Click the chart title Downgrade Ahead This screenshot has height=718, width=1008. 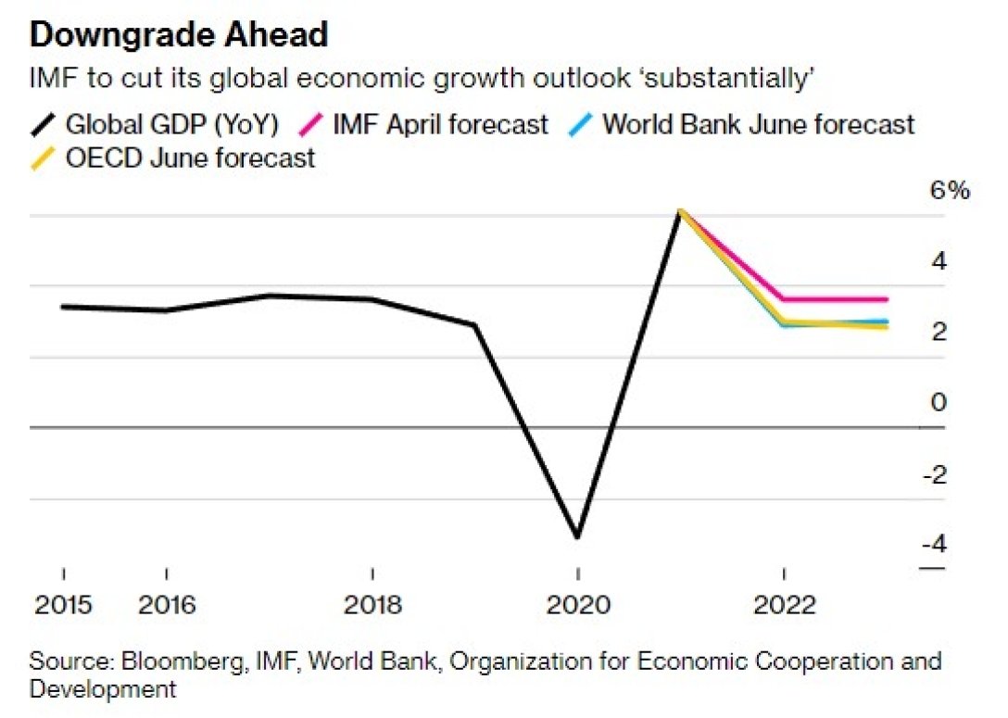click(179, 35)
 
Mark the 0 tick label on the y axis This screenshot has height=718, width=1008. click(939, 403)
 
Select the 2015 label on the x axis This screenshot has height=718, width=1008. click(64, 605)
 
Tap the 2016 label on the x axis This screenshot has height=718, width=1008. click(167, 605)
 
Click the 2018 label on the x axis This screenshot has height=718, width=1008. click(372, 605)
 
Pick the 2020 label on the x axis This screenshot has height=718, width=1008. click(578, 605)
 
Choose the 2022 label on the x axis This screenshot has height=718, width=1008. click(784, 605)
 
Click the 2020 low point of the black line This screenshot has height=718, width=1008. click(578, 536)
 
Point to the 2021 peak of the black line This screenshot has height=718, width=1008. click(681, 211)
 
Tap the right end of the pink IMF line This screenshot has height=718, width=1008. click(887, 299)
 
